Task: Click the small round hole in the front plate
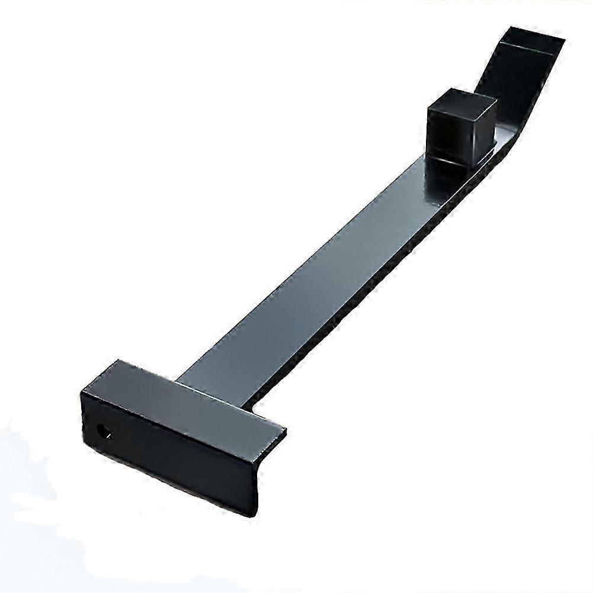[104, 431]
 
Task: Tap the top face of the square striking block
[462, 100]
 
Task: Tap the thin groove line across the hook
[527, 47]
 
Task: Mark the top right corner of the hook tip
[563, 39]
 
